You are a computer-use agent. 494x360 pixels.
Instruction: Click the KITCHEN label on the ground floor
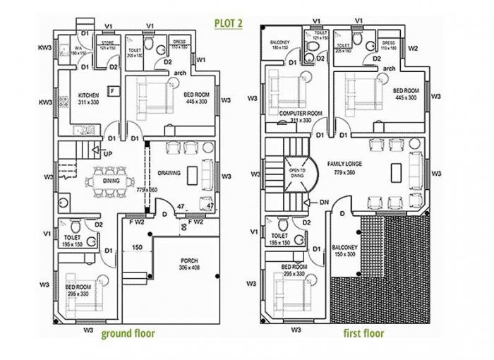click(x=88, y=95)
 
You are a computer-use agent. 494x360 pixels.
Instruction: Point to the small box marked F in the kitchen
click(x=111, y=90)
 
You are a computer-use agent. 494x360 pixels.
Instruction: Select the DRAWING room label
click(x=169, y=172)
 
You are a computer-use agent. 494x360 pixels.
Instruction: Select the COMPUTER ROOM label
click(x=301, y=113)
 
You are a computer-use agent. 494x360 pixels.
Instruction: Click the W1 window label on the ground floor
click(x=201, y=60)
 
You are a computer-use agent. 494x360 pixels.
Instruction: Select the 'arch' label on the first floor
click(x=389, y=68)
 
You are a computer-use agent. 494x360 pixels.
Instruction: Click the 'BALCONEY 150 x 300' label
click(x=344, y=251)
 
